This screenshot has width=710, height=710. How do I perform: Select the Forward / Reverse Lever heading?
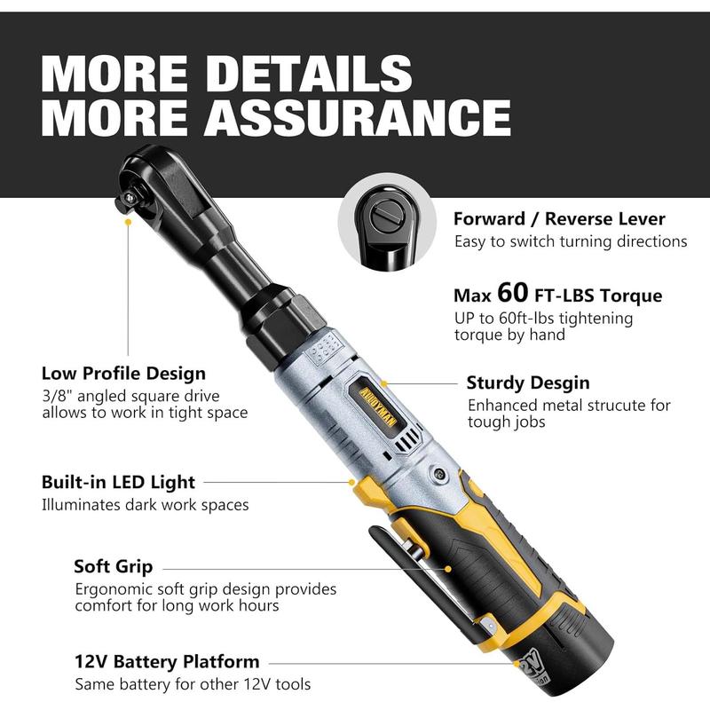(559, 218)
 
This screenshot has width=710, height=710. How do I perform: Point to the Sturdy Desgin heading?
(528, 383)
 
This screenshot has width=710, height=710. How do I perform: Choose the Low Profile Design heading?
(123, 373)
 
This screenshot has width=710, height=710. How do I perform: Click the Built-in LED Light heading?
(118, 482)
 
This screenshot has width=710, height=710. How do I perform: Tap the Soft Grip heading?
(113, 566)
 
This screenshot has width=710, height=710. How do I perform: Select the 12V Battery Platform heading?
(167, 661)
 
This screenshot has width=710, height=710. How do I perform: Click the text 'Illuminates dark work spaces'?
(145, 504)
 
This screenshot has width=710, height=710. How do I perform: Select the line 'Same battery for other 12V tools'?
(193, 684)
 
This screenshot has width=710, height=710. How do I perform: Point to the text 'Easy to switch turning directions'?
(571, 241)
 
